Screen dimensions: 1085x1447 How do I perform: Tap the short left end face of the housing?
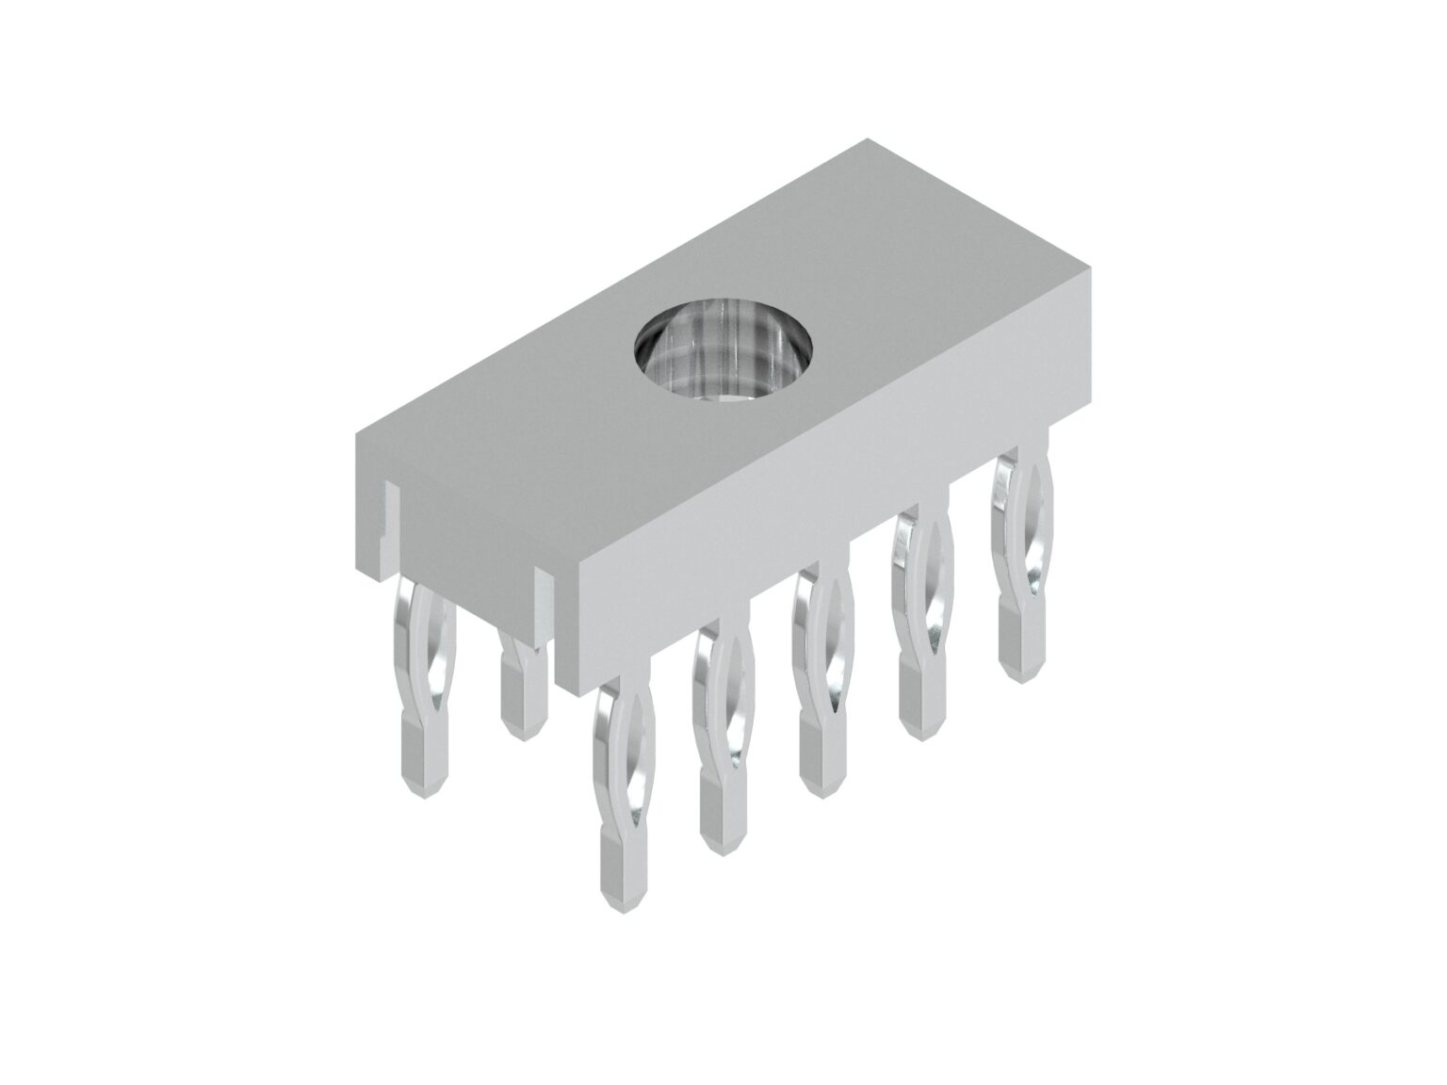462,527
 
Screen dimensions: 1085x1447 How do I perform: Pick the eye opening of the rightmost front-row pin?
1025,527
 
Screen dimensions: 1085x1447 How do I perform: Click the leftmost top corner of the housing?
356,435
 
